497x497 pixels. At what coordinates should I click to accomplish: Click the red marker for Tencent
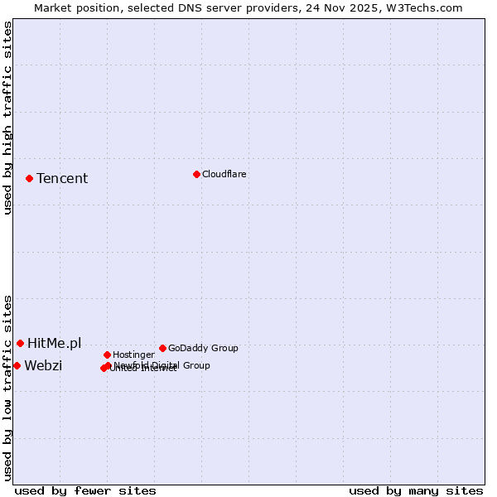29,178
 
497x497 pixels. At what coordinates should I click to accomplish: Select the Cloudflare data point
196,174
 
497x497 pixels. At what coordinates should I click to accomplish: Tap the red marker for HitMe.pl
20,343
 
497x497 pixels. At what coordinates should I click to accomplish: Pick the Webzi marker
17,365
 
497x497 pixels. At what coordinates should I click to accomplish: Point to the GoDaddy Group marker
162,348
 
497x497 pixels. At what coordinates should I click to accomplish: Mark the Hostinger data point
107,355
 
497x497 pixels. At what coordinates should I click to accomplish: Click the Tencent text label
62,179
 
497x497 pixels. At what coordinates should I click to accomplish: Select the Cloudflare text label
224,174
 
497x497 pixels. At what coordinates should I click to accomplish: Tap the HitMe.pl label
55,344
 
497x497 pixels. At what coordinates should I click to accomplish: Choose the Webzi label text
43,366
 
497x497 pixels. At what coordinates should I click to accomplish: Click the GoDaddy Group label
203,348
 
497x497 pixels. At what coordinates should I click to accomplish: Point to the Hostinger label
133,355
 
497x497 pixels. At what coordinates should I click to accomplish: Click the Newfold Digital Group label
162,365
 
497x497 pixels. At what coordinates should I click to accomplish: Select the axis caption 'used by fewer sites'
85,491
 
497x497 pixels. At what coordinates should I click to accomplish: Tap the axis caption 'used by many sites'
416,491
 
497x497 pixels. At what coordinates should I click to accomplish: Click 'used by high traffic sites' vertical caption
7,118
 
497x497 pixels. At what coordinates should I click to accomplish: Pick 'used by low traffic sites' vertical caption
7,387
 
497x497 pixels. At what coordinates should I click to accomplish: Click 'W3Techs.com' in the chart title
429,7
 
